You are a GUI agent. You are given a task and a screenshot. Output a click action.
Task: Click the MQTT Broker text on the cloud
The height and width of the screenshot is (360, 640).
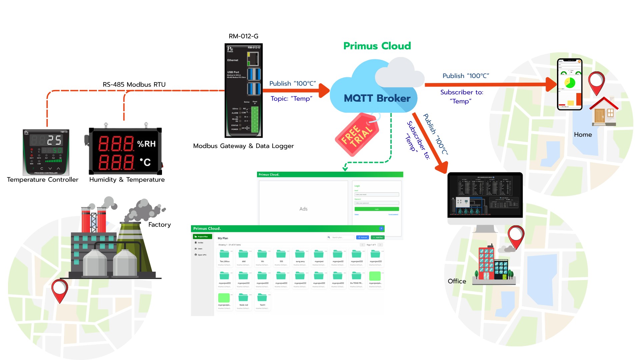coord(377,98)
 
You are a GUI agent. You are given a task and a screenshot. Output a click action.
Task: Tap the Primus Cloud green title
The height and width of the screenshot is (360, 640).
coord(377,46)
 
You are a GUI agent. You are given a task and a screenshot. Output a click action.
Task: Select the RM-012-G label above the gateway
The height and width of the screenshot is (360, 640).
coord(243,36)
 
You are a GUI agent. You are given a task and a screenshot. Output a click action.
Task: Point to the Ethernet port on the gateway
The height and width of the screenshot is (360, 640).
coord(253,59)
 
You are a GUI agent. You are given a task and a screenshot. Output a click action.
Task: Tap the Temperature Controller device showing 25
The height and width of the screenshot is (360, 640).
coord(46,152)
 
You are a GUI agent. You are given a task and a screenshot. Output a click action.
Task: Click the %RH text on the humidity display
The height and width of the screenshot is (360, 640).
coord(146,144)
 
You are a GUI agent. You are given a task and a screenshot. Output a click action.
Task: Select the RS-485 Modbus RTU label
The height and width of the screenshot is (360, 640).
coord(134,85)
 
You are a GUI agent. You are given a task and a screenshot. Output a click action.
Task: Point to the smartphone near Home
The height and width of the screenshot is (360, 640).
coord(570,84)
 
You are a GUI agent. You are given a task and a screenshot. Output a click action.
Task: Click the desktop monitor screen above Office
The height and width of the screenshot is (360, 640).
coord(485,195)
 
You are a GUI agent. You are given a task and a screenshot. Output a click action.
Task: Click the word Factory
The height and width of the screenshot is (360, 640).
coord(159,225)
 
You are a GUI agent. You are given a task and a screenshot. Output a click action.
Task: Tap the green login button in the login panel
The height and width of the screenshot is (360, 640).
coord(377,209)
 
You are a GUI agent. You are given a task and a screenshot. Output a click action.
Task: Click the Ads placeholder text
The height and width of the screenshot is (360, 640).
coord(303,209)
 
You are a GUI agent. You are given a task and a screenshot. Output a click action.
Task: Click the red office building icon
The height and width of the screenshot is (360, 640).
coord(486,263)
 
